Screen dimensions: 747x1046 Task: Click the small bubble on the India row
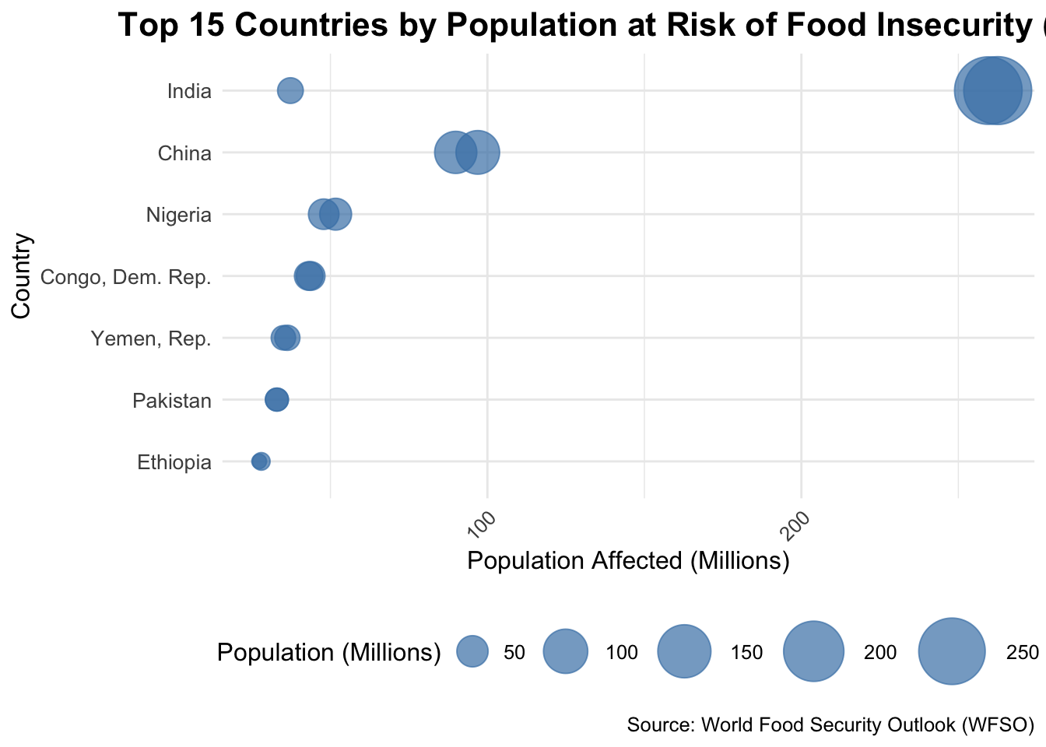[290, 90]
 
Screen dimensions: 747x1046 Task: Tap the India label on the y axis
[189, 92]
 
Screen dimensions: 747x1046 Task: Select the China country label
[184, 153]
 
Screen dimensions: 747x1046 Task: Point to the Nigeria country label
[179, 215]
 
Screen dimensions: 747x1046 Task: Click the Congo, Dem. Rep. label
[125, 277]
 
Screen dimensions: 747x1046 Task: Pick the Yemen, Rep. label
[151, 339]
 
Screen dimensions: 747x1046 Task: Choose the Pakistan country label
[172, 401]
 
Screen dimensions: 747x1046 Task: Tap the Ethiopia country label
[174, 463]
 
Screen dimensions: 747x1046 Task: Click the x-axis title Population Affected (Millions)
[628, 561]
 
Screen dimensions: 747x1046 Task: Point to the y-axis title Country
[21, 275]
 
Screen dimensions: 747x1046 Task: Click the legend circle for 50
[472, 651]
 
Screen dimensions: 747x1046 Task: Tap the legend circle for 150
[685, 651]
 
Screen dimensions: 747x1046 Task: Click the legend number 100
[622, 653]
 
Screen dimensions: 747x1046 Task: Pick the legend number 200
[880, 653]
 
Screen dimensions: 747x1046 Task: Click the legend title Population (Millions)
[329, 653]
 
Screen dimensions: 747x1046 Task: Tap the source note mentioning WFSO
[830, 725]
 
